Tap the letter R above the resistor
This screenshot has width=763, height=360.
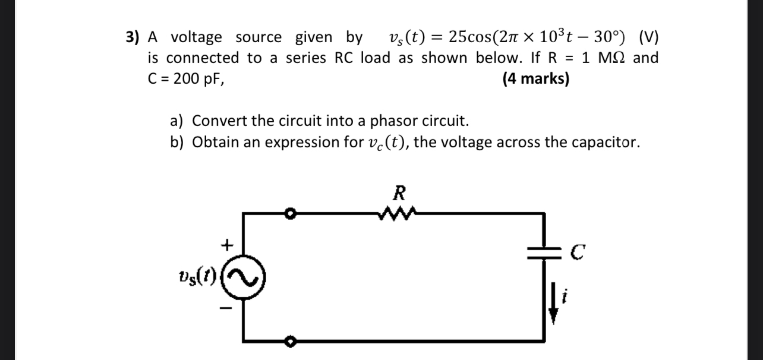coord(399,193)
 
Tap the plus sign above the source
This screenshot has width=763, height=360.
coord(226,244)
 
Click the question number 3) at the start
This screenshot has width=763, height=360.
coord(132,37)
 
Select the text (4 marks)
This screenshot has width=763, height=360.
coord(535,78)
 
